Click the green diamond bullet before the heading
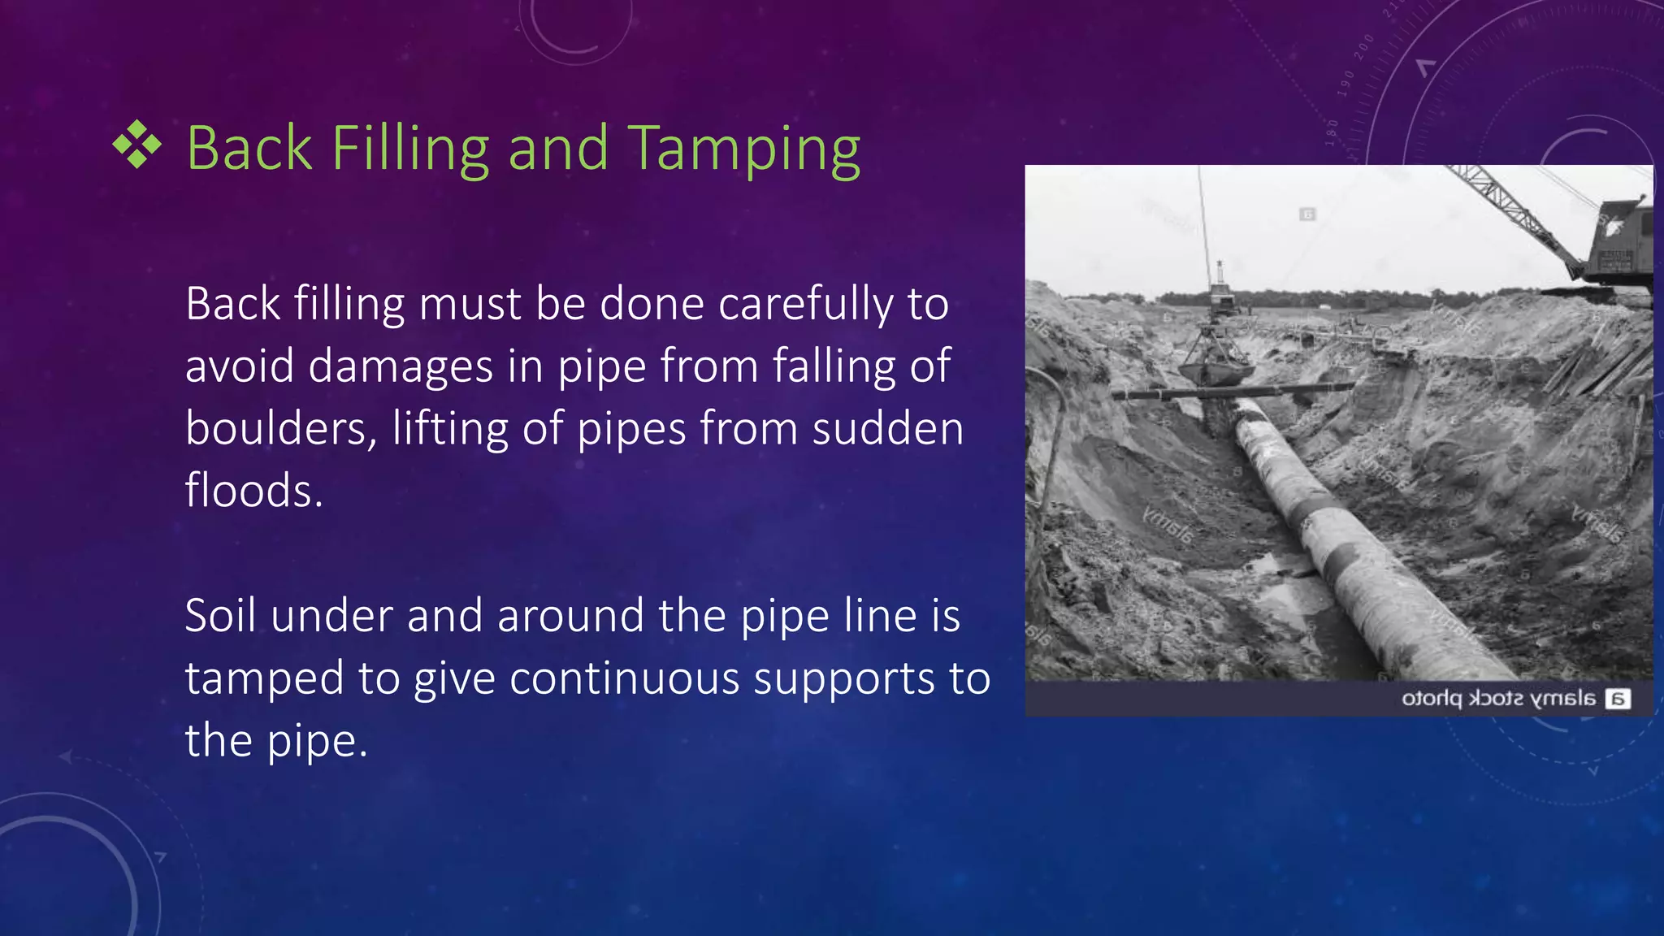(x=137, y=145)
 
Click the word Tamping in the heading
(x=744, y=149)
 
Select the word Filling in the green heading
(x=410, y=149)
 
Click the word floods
(x=253, y=491)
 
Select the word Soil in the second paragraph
(x=220, y=615)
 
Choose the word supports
(x=843, y=679)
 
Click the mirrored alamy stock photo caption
(x=1498, y=699)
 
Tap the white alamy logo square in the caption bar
(x=1618, y=699)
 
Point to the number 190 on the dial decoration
(x=1345, y=84)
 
